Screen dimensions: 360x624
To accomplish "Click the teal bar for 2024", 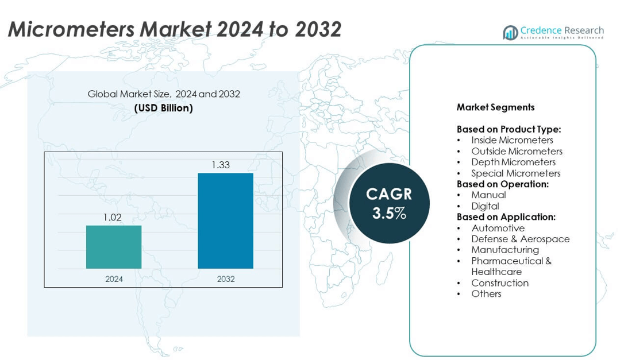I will pos(114,247).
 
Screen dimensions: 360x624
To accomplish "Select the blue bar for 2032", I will pos(225,220).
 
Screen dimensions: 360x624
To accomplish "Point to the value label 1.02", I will pos(114,218).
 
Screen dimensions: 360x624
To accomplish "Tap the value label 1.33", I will pos(221,165).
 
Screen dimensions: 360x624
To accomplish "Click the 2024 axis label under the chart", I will pos(114,279).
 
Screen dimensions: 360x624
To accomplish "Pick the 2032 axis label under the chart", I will pos(225,279).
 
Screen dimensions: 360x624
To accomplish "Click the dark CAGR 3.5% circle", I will pos(389,203).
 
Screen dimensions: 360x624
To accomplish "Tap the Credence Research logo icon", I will pos(510,33).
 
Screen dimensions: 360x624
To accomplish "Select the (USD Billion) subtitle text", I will pos(163,108).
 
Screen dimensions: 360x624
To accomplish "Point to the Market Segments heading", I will pos(495,107).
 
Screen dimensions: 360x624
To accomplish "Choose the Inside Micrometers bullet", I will pos(512,140).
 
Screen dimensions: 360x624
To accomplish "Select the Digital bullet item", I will pos(485,206).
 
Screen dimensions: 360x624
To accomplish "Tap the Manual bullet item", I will pos(488,195).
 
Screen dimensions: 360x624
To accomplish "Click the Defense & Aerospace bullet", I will pos(520,239).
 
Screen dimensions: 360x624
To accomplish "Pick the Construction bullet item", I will pos(499,282).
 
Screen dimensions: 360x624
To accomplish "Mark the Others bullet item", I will pos(486,293).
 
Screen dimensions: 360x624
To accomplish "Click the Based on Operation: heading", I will pos(503,184).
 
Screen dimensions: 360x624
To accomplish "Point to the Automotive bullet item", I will pos(498,228).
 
